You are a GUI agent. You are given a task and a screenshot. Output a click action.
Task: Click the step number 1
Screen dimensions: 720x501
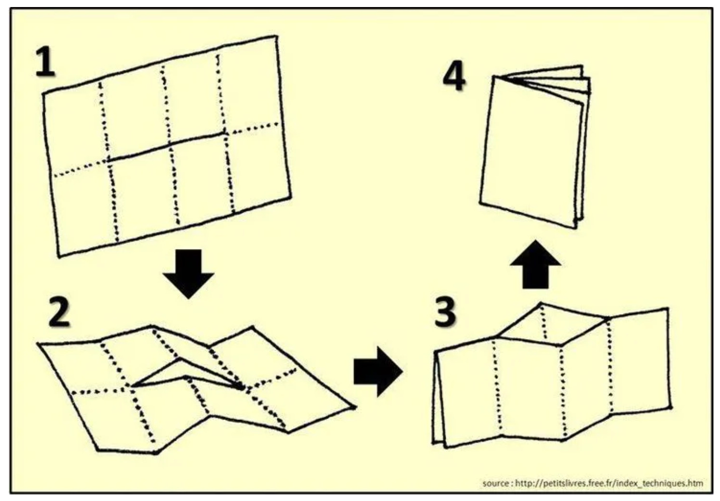point(45,63)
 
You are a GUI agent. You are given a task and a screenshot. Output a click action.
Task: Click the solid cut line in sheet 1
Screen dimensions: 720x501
point(166,146)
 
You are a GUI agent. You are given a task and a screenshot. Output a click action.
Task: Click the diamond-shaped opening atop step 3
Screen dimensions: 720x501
point(551,325)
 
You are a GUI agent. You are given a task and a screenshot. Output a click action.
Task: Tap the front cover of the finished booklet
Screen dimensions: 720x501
point(531,151)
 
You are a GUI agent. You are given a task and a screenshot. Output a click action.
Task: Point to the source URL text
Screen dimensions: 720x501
point(609,483)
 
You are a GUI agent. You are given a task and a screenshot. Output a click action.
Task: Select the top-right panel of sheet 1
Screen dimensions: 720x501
point(249,86)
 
